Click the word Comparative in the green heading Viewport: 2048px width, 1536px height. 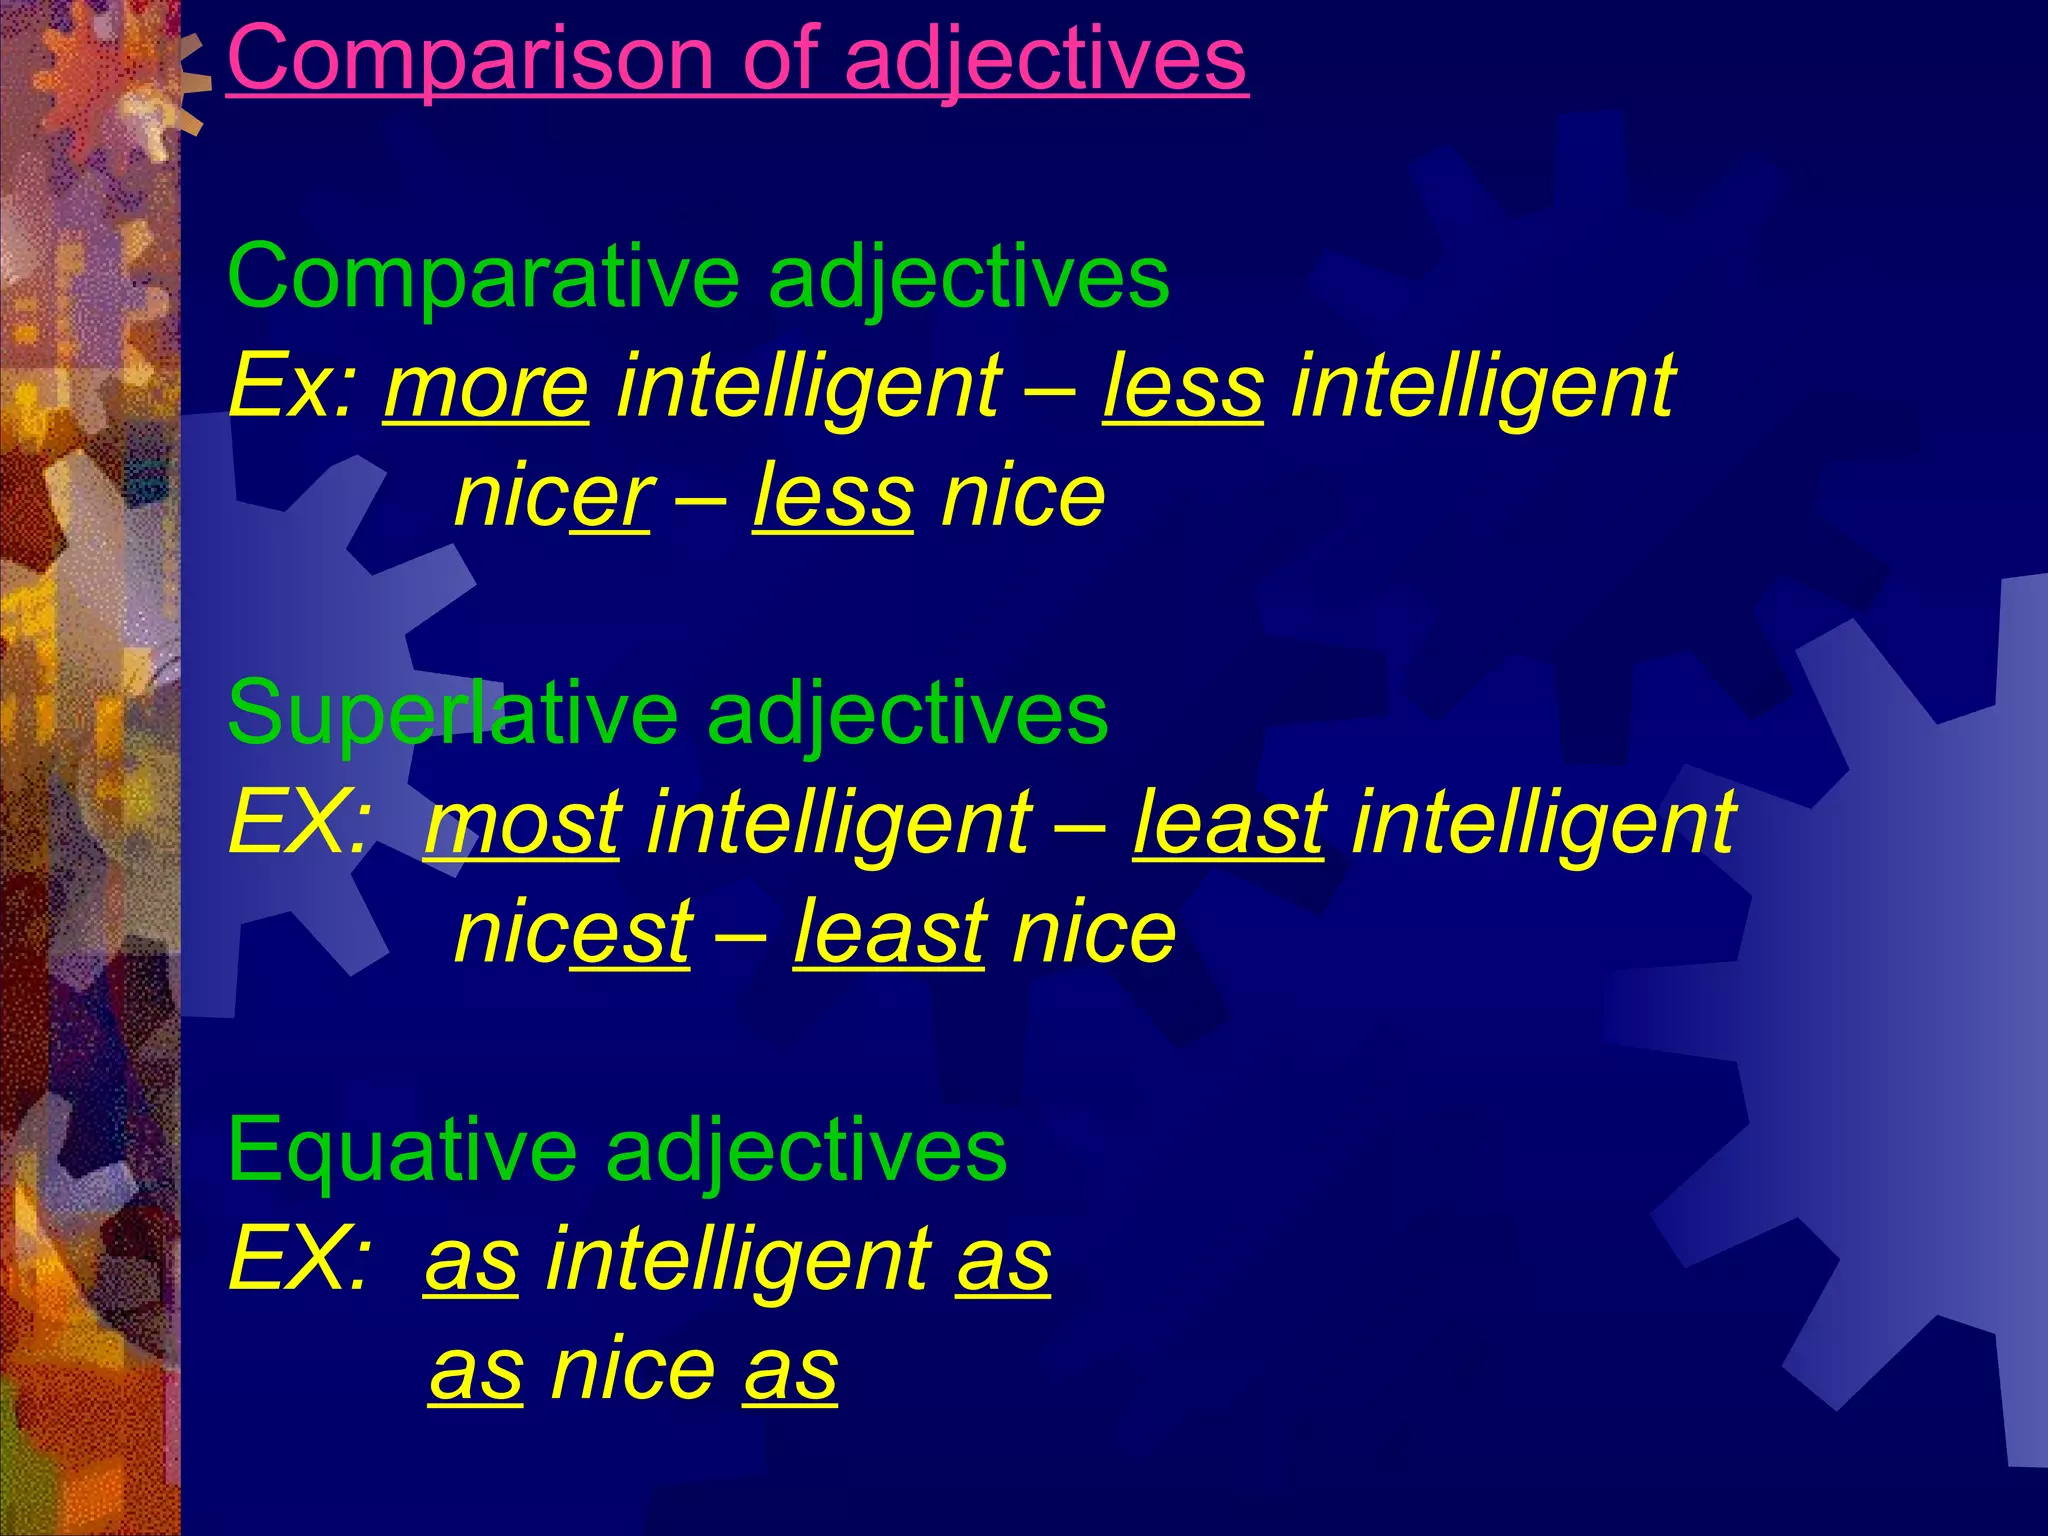(x=484, y=277)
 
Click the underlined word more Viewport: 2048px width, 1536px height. (x=486, y=387)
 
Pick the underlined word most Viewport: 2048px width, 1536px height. (x=522, y=823)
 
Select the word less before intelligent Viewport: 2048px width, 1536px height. (x=1183, y=387)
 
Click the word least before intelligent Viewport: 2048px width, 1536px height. (x=1229, y=823)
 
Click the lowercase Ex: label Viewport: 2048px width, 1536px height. (x=292, y=387)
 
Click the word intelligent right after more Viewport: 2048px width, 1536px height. (x=808, y=387)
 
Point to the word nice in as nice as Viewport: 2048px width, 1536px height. (x=633, y=1368)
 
